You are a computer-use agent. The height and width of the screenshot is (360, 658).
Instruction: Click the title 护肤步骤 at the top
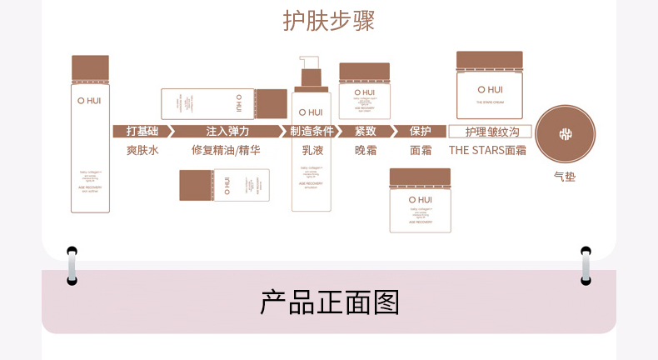click(328, 21)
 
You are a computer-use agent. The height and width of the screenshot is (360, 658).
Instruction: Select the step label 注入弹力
click(227, 132)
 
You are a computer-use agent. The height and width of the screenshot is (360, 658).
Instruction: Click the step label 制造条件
click(312, 132)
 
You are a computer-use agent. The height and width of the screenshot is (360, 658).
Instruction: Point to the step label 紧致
click(366, 132)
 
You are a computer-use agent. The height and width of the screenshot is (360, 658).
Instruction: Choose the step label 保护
click(420, 132)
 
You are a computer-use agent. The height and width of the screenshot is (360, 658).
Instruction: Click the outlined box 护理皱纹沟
click(490, 132)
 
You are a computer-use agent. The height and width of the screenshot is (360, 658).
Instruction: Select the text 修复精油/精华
click(226, 151)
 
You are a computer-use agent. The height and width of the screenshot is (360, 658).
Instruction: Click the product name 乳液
click(311, 151)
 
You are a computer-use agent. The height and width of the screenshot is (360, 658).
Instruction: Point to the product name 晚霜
click(366, 151)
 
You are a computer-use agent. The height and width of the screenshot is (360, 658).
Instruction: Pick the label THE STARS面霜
click(487, 151)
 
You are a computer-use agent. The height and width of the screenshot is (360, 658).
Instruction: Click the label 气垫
click(565, 177)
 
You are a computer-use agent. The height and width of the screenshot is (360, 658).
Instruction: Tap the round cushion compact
click(566, 134)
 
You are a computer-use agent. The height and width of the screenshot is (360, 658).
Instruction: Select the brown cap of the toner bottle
click(90, 68)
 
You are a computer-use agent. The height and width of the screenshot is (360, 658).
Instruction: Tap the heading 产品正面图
click(328, 302)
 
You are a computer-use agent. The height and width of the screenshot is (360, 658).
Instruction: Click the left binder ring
click(72, 265)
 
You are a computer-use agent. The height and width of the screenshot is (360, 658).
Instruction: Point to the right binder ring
click(586, 265)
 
